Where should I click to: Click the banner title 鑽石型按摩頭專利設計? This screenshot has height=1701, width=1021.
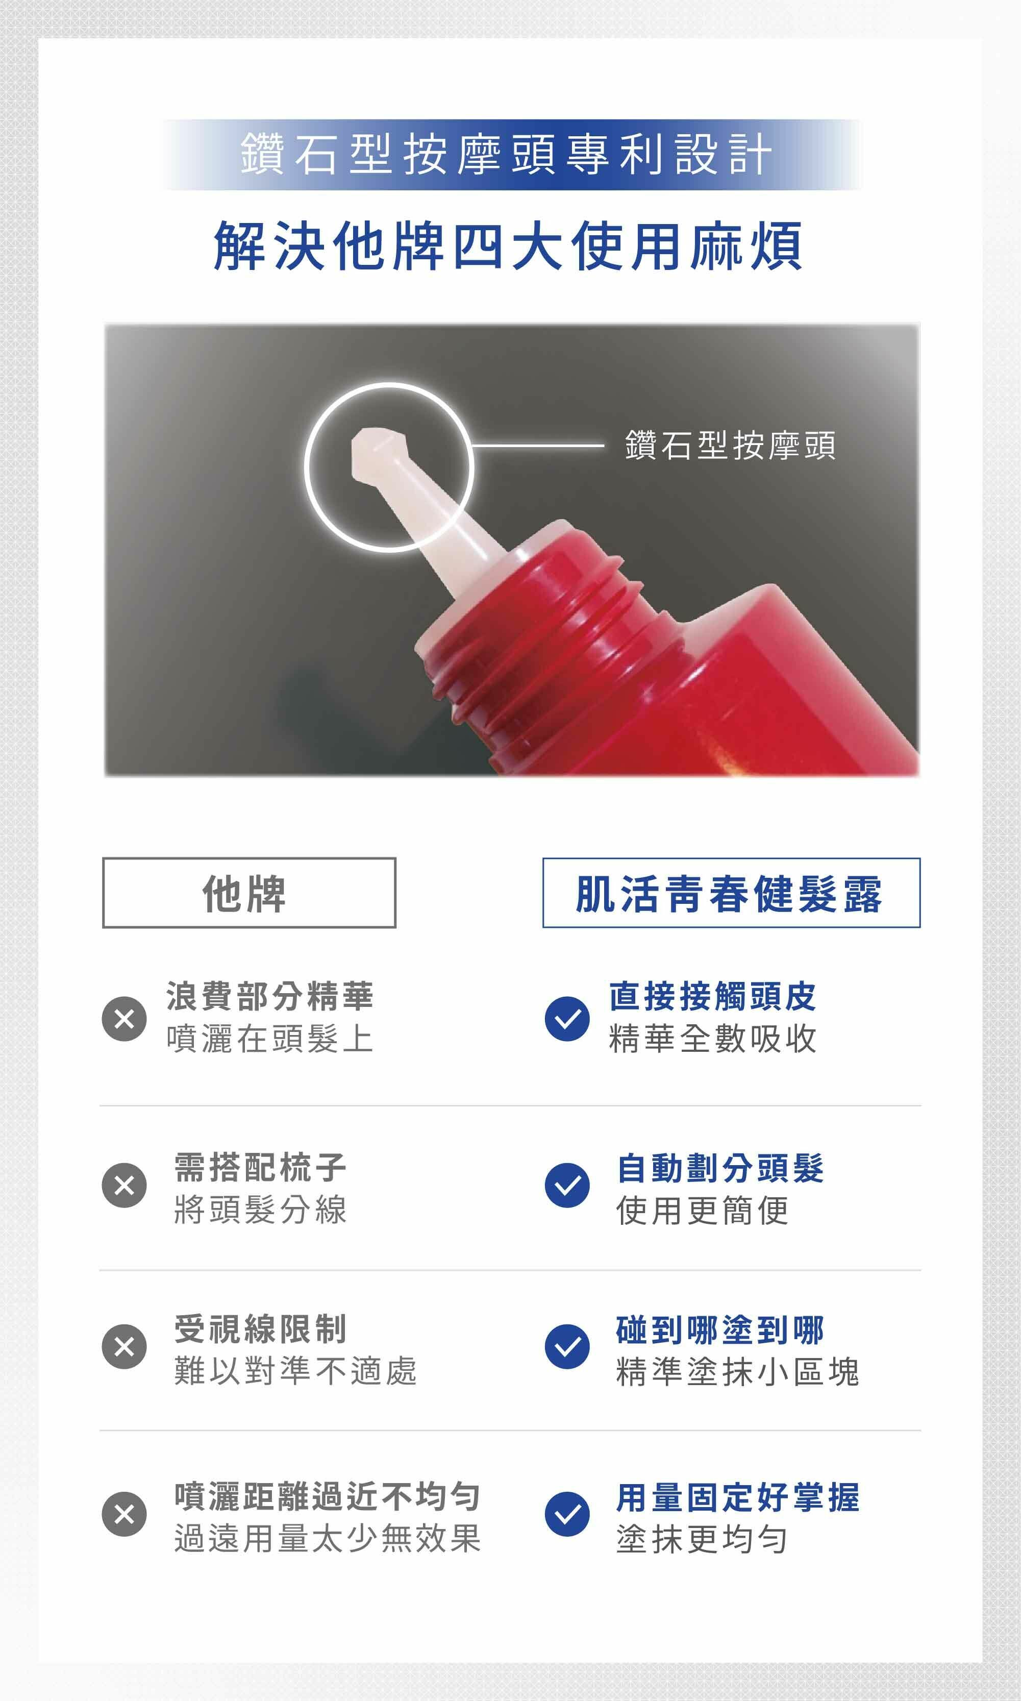(x=506, y=154)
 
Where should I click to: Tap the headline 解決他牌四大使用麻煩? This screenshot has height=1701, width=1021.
(x=508, y=245)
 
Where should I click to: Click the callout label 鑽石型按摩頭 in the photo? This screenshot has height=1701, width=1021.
(x=730, y=445)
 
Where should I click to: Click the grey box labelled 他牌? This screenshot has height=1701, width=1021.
(x=249, y=893)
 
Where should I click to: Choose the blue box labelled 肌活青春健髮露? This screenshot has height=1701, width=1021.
(x=731, y=893)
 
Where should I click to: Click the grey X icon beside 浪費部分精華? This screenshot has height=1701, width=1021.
(x=124, y=1018)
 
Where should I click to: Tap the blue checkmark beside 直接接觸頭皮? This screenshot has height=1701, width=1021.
(x=567, y=1018)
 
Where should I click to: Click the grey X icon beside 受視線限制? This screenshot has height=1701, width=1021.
(x=124, y=1346)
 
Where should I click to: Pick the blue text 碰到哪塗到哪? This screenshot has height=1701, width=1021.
(x=720, y=1329)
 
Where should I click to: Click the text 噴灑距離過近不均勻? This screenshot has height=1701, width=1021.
(x=328, y=1496)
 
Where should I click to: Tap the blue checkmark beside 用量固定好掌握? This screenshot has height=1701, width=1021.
(x=567, y=1514)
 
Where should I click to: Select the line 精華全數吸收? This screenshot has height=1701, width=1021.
(x=713, y=1039)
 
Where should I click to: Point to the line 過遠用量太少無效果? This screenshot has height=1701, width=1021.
(x=328, y=1538)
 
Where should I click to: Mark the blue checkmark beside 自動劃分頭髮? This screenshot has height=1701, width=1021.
(x=567, y=1185)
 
